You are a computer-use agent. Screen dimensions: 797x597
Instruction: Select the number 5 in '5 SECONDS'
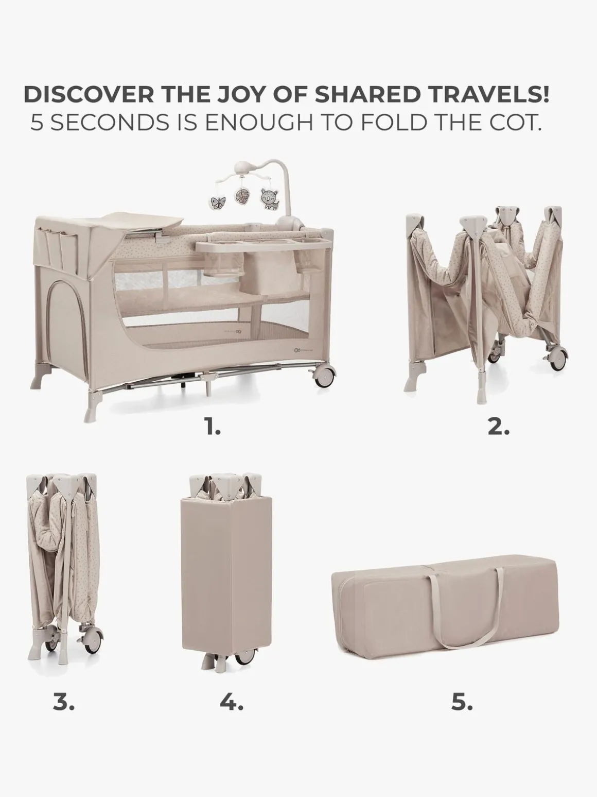pyautogui.click(x=36, y=124)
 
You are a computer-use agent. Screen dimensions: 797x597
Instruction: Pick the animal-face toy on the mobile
pyautogui.click(x=269, y=199)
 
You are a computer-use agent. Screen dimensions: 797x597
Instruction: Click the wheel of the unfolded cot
pyautogui.click(x=324, y=377)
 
